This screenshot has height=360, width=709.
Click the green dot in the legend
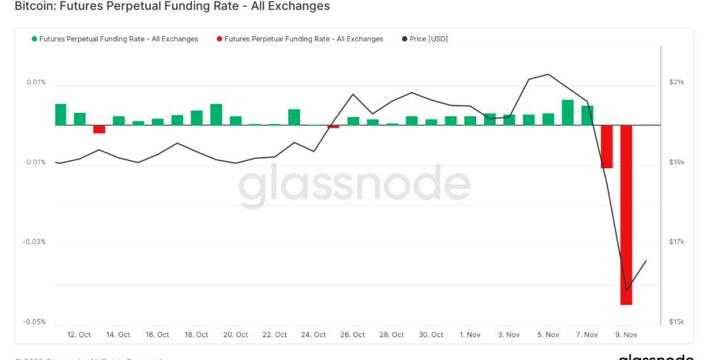tap(34, 39)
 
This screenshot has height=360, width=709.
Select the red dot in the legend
tap(219, 39)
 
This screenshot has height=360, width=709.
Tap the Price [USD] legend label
tap(428, 39)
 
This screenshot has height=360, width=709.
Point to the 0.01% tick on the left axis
tap(36, 82)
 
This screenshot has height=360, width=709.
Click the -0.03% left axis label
tap(34, 242)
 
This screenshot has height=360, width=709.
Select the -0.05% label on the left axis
tap(34, 322)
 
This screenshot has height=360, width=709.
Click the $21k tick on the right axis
tap(677, 82)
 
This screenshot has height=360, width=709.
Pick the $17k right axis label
tap(677, 242)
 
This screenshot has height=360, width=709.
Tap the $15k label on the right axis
tap(677, 322)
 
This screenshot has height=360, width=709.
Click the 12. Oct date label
tap(79, 335)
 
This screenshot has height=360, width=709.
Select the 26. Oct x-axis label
tap(353, 335)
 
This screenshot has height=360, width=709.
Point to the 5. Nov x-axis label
tap(548, 335)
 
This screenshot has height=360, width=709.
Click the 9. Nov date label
tap(626, 335)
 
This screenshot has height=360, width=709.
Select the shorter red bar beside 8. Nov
tap(607, 146)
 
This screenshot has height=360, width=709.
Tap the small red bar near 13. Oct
tap(99, 129)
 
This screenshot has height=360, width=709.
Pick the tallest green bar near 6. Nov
tap(568, 112)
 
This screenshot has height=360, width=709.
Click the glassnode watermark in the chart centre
tap(354, 187)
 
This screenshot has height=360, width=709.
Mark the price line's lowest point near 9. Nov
tap(627, 290)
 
